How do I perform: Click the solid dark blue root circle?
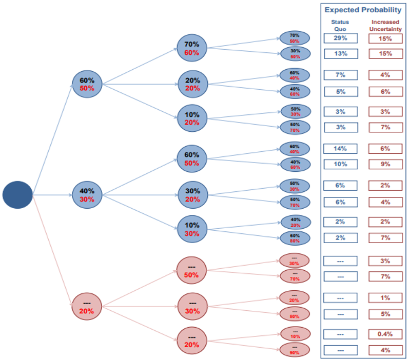coord(17,195)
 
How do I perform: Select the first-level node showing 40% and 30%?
coord(87,195)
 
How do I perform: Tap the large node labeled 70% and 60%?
coord(191,49)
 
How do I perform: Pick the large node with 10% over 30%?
coord(191,229)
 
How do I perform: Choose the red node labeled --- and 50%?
coord(191,271)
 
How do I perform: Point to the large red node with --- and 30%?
coord(191,307)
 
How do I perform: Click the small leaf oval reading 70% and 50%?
coord(295,38)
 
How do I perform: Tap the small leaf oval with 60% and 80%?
coord(295,238)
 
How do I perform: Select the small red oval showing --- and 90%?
coord(295,350)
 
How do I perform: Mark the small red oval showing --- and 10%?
coord(295,334)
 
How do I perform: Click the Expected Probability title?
coord(362,10)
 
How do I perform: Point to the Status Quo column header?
coord(340,25)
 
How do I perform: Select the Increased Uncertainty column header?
coord(385,25)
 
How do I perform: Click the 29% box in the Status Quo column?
coord(340,38)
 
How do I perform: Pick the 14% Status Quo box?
coord(340,149)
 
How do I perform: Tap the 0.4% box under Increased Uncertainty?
coord(385,334)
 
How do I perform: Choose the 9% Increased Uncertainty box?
coord(385,165)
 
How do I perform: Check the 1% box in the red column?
coord(385,298)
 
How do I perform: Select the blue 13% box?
coord(340,53)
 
